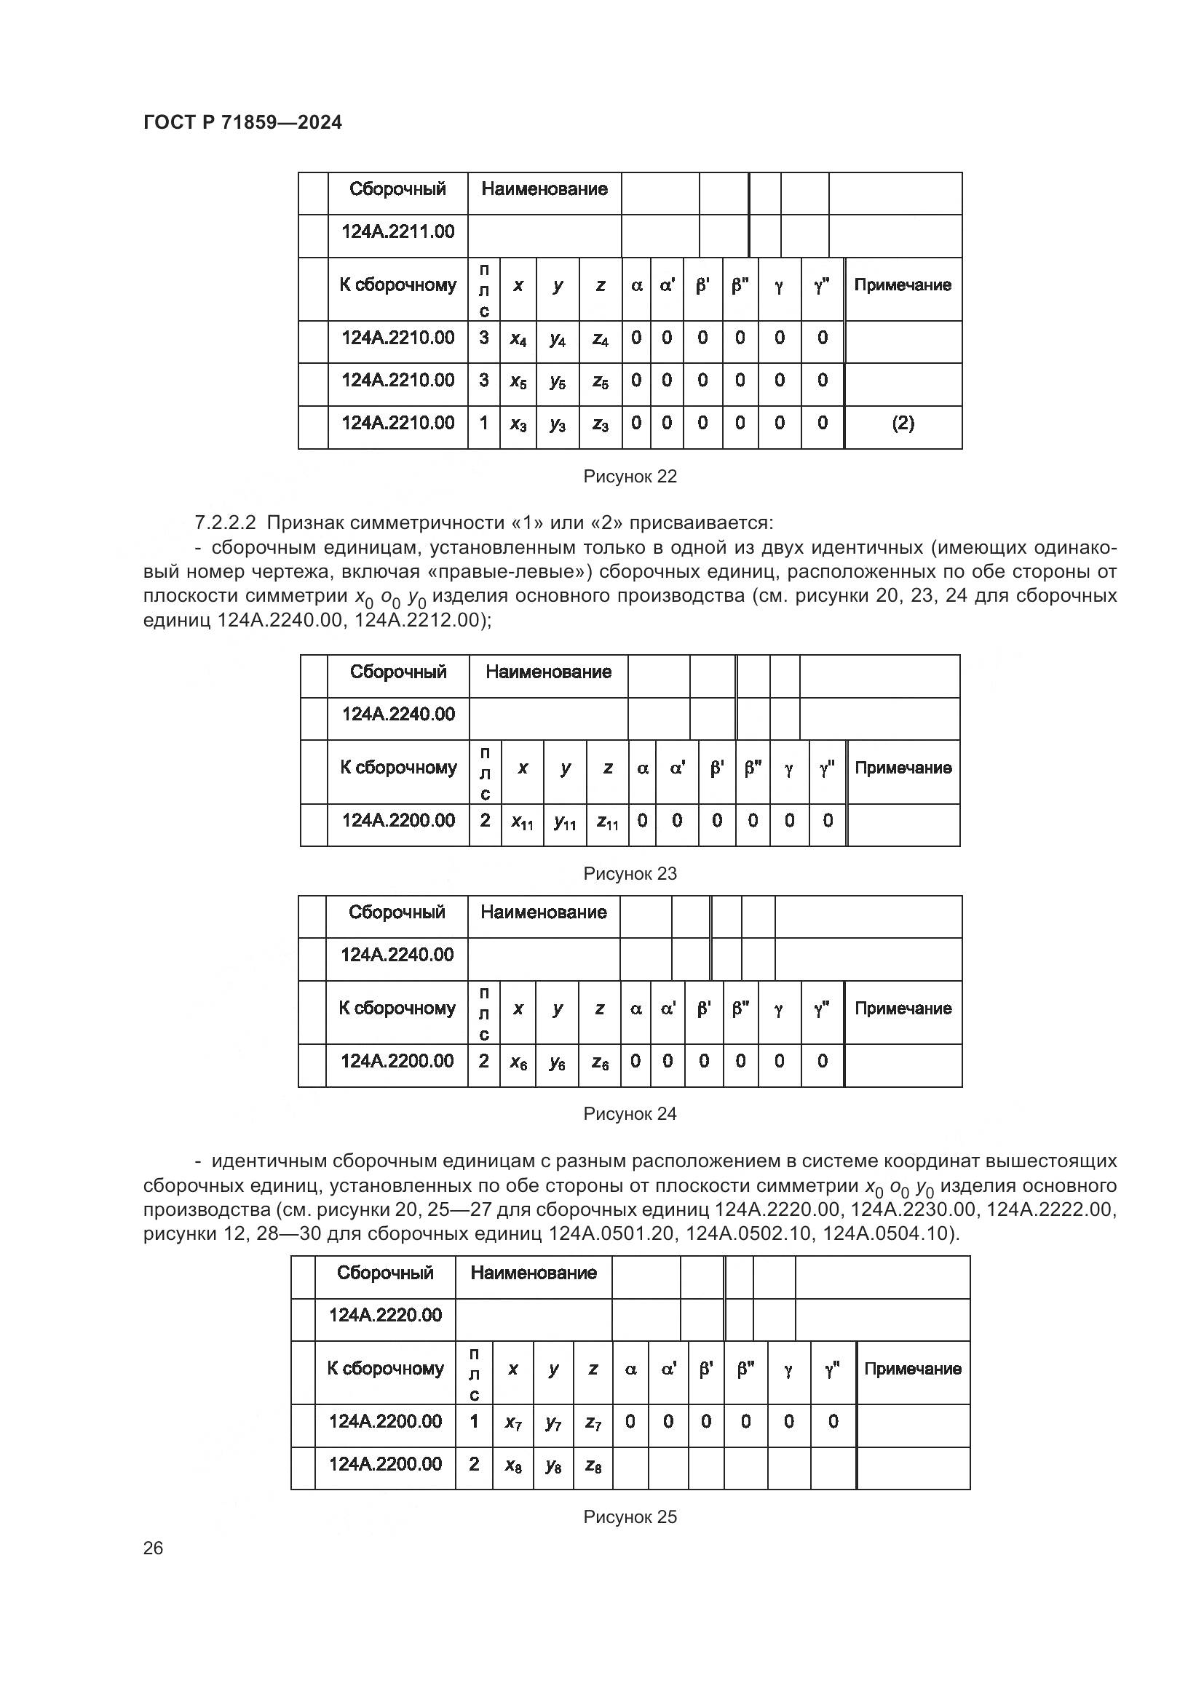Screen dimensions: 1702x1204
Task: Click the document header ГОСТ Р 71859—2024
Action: click(x=242, y=123)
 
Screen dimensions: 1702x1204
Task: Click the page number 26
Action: click(x=153, y=1548)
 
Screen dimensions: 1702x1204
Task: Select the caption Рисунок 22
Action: click(x=630, y=477)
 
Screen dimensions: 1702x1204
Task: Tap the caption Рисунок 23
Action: click(x=630, y=873)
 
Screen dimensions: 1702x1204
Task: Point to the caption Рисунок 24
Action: click(x=630, y=1113)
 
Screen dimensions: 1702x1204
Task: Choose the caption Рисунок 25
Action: click(x=630, y=1516)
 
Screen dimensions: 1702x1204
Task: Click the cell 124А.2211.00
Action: click(x=397, y=232)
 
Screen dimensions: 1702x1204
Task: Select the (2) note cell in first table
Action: click(x=902, y=423)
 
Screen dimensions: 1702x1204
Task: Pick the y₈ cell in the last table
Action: click(x=553, y=1466)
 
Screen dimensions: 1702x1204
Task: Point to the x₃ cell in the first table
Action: click(x=518, y=424)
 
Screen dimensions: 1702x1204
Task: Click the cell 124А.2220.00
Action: click(x=385, y=1315)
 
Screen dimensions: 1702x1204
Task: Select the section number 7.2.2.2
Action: click(x=225, y=522)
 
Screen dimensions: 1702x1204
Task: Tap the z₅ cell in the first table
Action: click(x=600, y=382)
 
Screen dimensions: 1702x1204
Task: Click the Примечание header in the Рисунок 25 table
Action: click(x=912, y=1369)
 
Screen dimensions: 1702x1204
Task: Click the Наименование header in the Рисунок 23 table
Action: click(x=548, y=672)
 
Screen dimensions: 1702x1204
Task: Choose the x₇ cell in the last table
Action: click(x=513, y=1423)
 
